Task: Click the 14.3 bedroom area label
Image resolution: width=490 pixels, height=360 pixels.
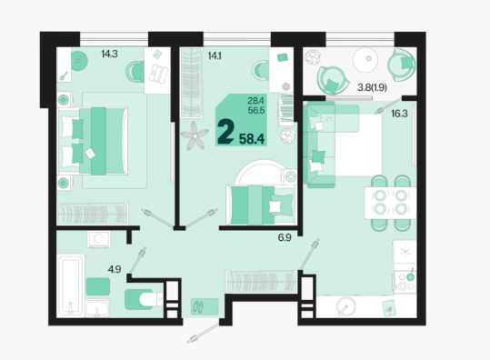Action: tap(109, 54)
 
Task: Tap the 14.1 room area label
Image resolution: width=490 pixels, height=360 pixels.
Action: tap(215, 56)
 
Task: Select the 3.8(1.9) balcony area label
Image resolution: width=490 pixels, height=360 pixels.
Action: tap(372, 87)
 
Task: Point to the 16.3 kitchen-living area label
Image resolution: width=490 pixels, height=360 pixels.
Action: tap(399, 114)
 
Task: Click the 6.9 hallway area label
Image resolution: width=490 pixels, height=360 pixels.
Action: tap(285, 237)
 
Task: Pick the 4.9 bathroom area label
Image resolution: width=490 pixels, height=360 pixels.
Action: tap(115, 269)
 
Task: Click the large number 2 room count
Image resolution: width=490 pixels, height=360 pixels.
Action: tap(225, 132)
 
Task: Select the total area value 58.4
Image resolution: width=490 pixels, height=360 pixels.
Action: tap(252, 139)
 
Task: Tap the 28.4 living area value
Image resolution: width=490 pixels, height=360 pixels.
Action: tap(256, 101)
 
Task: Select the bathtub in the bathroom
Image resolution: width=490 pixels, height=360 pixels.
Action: tap(71, 285)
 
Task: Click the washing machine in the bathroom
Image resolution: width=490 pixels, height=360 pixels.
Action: tap(99, 239)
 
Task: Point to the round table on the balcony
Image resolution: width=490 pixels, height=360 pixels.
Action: tap(366, 60)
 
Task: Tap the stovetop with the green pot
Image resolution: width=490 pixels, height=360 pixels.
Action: tap(405, 281)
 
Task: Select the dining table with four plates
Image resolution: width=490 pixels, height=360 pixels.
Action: tap(390, 203)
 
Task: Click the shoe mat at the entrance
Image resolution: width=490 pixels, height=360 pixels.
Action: tap(205, 306)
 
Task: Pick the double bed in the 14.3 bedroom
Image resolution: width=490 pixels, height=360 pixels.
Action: tap(93, 141)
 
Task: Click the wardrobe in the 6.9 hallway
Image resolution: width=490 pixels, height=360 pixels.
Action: tap(261, 282)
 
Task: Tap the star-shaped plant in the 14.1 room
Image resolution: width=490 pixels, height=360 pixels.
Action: tap(194, 135)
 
